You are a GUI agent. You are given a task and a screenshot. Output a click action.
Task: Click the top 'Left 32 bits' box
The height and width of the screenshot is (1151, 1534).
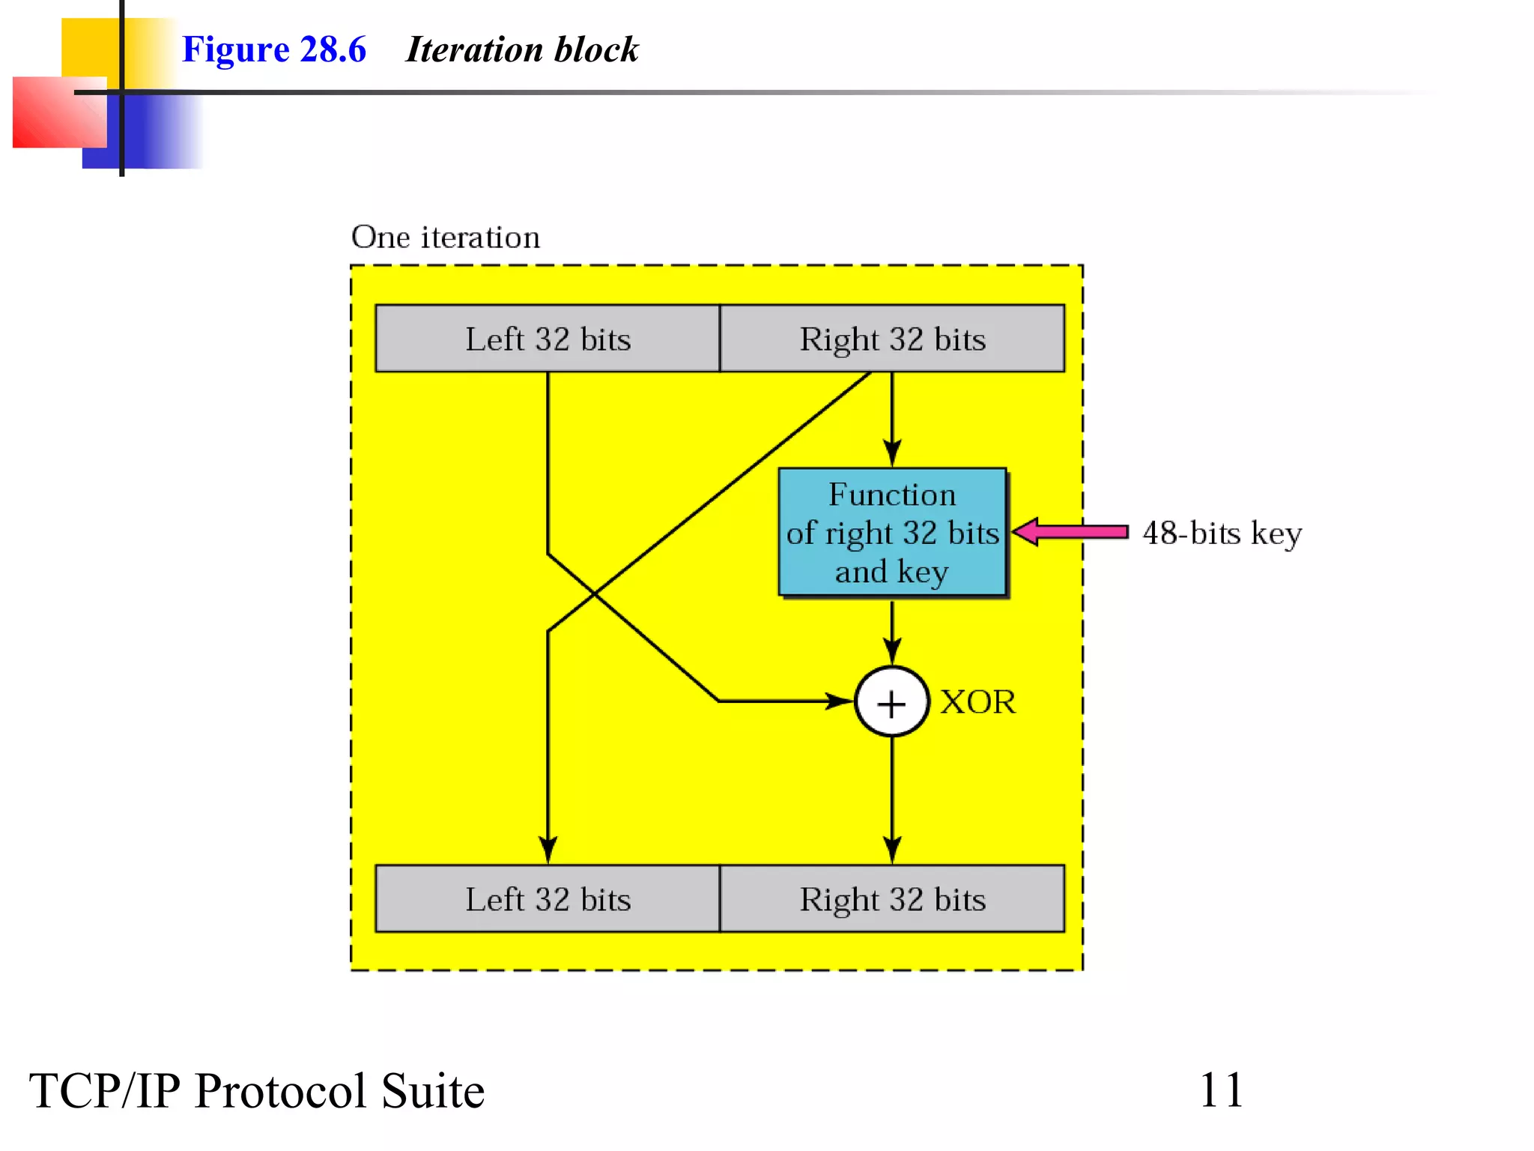pos(548,338)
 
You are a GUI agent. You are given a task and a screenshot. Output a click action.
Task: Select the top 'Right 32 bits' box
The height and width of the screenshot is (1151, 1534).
pos(891,338)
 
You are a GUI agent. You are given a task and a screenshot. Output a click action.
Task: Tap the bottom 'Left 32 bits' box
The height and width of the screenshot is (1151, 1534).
pos(548,898)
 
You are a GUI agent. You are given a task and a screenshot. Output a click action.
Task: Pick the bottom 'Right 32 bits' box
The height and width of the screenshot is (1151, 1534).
pos(891,898)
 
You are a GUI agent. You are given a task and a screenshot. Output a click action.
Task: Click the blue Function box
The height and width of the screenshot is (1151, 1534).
pos(891,532)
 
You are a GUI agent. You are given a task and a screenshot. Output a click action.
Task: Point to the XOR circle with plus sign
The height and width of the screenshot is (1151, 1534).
pos(891,702)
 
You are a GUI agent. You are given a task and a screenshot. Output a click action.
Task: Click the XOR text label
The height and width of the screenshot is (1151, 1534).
pos(977,702)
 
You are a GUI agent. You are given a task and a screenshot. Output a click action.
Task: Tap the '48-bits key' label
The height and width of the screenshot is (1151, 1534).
pos(1222,534)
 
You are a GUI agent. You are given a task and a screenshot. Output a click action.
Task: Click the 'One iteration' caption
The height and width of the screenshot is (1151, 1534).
pos(446,238)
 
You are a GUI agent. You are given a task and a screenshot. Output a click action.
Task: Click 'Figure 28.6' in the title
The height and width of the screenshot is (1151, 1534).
pos(274,49)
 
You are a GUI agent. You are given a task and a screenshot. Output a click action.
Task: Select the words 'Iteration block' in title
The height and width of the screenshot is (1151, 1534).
pos(522,49)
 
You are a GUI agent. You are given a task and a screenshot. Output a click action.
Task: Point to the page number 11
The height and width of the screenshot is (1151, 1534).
pos(1221,1090)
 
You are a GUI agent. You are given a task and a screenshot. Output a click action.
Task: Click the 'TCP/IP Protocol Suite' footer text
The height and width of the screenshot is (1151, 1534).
pos(257,1090)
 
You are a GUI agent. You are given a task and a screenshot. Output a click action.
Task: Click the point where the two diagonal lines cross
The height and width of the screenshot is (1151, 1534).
pos(595,594)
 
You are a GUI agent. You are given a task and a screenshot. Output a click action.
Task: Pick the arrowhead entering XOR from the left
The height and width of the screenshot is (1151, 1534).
pos(839,701)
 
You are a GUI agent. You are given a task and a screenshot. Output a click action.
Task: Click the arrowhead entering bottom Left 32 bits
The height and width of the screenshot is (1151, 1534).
pos(548,851)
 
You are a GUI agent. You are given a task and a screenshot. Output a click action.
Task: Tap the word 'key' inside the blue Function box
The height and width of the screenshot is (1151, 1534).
pos(923,572)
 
